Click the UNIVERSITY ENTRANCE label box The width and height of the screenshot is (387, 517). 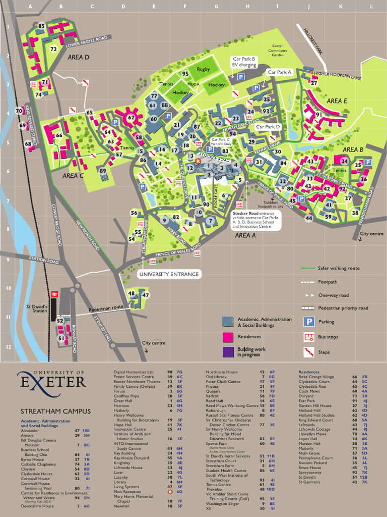(169, 274)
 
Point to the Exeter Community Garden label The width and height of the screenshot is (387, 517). (278, 50)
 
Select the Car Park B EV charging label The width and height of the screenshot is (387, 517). (243, 62)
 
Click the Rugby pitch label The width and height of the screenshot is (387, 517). (203, 69)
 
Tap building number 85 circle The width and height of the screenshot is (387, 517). (41, 26)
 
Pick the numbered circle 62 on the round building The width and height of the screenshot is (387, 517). (131, 118)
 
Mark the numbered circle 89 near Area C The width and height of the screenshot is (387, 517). (103, 171)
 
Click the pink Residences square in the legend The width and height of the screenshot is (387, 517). (228, 337)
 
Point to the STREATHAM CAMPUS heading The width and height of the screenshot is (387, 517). (55, 411)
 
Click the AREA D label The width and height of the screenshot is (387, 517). (78, 58)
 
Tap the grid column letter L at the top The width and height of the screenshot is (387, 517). (371, 7)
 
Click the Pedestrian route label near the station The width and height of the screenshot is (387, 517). (106, 307)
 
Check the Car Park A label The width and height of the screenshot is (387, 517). (280, 72)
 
